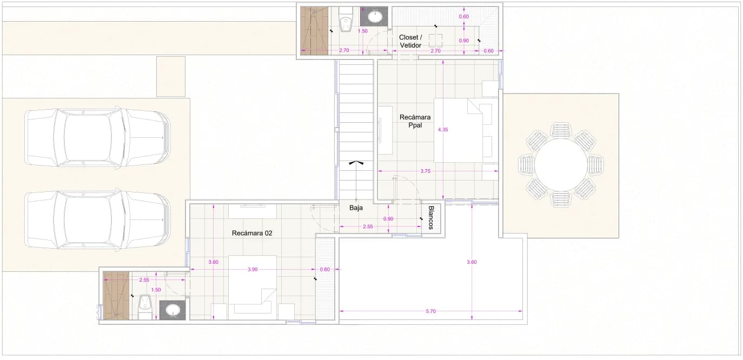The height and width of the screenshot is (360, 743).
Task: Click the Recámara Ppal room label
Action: click(415, 121)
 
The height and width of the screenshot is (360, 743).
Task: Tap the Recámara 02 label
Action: click(252, 233)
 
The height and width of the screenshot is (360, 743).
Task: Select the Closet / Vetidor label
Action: click(410, 42)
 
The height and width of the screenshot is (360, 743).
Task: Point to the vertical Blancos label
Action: click(431, 217)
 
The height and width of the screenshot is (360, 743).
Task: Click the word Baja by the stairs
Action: click(356, 208)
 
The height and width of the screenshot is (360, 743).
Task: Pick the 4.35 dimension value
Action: click(443, 130)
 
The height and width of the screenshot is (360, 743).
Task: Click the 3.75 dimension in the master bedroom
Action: click(425, 171)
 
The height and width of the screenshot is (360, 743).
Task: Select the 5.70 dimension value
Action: click(430, 311)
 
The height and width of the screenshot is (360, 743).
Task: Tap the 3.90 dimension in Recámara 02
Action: click(253, 270)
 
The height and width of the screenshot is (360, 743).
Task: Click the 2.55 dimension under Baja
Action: click(368, 226)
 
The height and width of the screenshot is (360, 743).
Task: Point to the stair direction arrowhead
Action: click(356, 163)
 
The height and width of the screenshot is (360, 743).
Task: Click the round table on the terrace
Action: click(561, 165)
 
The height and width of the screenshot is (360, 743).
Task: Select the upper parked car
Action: click(98, 138)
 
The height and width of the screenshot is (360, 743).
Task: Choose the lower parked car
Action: click(98, 219)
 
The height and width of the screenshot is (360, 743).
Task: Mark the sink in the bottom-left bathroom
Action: click(173, 311)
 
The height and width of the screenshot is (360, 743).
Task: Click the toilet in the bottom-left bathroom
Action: click(145, 307)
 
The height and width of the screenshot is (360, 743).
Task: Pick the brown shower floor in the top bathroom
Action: click(314, 30)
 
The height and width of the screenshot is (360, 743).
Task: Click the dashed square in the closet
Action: click(435, 41)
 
